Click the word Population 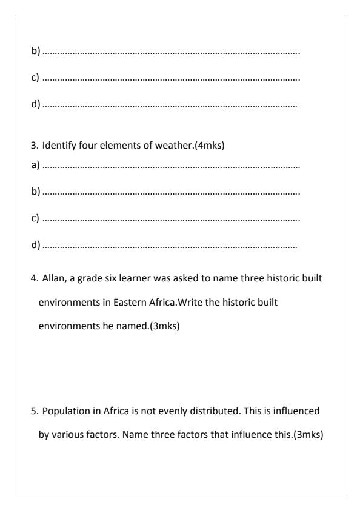tap(64, 411)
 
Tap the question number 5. tap(34, 411)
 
